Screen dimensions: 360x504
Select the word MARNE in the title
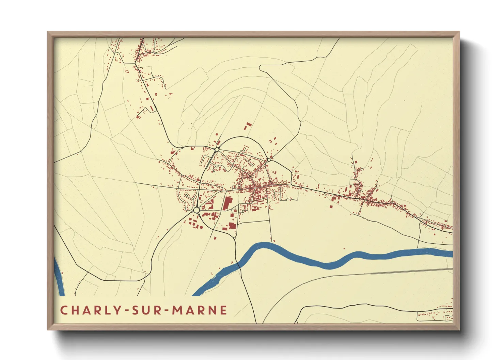point(200,310)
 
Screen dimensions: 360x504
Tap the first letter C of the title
point(64,310)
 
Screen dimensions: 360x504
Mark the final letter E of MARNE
point(223,310)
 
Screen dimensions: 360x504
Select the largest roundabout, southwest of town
point(196,211)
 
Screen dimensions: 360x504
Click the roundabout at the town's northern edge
point(217,149)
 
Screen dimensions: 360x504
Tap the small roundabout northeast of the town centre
point(269,160)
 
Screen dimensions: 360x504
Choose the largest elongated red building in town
point(226,203)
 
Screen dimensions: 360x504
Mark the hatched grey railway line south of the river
point(409,271)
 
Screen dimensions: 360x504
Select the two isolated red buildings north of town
point(248,126)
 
